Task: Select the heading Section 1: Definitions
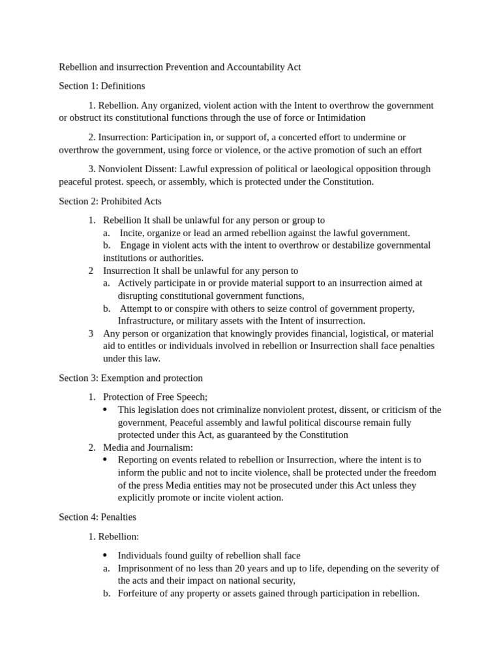pos(102,86)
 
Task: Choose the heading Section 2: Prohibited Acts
pos(110,201)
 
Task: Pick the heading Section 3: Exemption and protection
pos(130,378)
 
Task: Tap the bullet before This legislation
pos(106,410)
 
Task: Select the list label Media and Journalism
pos(148,448)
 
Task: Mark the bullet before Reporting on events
pos(106,460)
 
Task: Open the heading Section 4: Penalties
pos(97,517)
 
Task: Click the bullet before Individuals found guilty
pos(106,556)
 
